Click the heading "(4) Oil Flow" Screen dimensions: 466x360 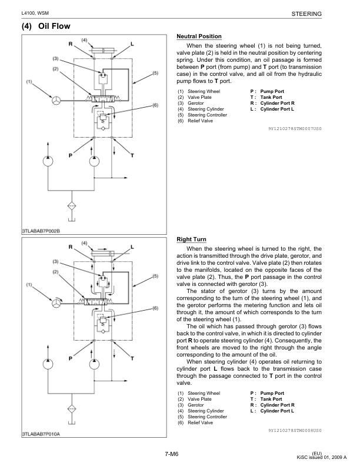tap(46, 26)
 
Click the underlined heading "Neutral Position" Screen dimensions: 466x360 tap(199, 36)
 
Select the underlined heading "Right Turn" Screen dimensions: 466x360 tap(191, 240)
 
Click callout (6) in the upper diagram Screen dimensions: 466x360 tap(155, 105)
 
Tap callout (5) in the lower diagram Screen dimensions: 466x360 tap(155, 276)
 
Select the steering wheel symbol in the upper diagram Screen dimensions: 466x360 tap(56, 100)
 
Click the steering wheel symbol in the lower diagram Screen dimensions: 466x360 tap(56, 302)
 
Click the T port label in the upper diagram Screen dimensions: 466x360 tap(132, 156)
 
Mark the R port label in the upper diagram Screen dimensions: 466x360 tap(71, 45)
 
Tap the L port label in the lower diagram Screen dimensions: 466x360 tap(131, 247)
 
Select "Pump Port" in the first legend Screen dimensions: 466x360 tap(272, 92)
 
